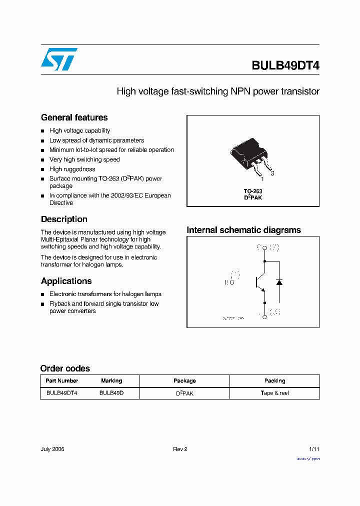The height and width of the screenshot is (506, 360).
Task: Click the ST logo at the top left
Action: [59, 59]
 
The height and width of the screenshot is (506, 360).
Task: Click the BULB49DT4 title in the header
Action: [285, 65]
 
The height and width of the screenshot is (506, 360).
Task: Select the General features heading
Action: [74, 117]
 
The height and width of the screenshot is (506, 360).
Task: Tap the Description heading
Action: [64, 219]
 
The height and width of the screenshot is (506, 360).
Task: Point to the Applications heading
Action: [66, 281]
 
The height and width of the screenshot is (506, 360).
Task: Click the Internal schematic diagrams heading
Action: [243, 230]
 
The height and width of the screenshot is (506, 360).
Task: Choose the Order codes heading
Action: [65, 368]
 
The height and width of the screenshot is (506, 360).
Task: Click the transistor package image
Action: [250, 156]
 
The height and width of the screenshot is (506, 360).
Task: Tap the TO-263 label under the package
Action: [253, 191]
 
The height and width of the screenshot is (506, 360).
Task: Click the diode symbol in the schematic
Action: [279, 282]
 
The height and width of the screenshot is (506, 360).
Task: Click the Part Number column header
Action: [61, 380]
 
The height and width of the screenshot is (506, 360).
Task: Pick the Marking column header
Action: [111, 380]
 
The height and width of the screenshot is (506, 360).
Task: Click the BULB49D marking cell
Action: [111, 393]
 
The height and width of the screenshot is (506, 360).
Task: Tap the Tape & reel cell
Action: [274, 393]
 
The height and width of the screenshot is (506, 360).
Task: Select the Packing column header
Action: [274, 380]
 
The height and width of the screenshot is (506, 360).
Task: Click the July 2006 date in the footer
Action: [52, 449]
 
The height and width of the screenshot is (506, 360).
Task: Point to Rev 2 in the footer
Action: [180, 449]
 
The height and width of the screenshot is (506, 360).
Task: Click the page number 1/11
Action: [313, 449]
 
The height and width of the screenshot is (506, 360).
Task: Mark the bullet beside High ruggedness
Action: [43, 169]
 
